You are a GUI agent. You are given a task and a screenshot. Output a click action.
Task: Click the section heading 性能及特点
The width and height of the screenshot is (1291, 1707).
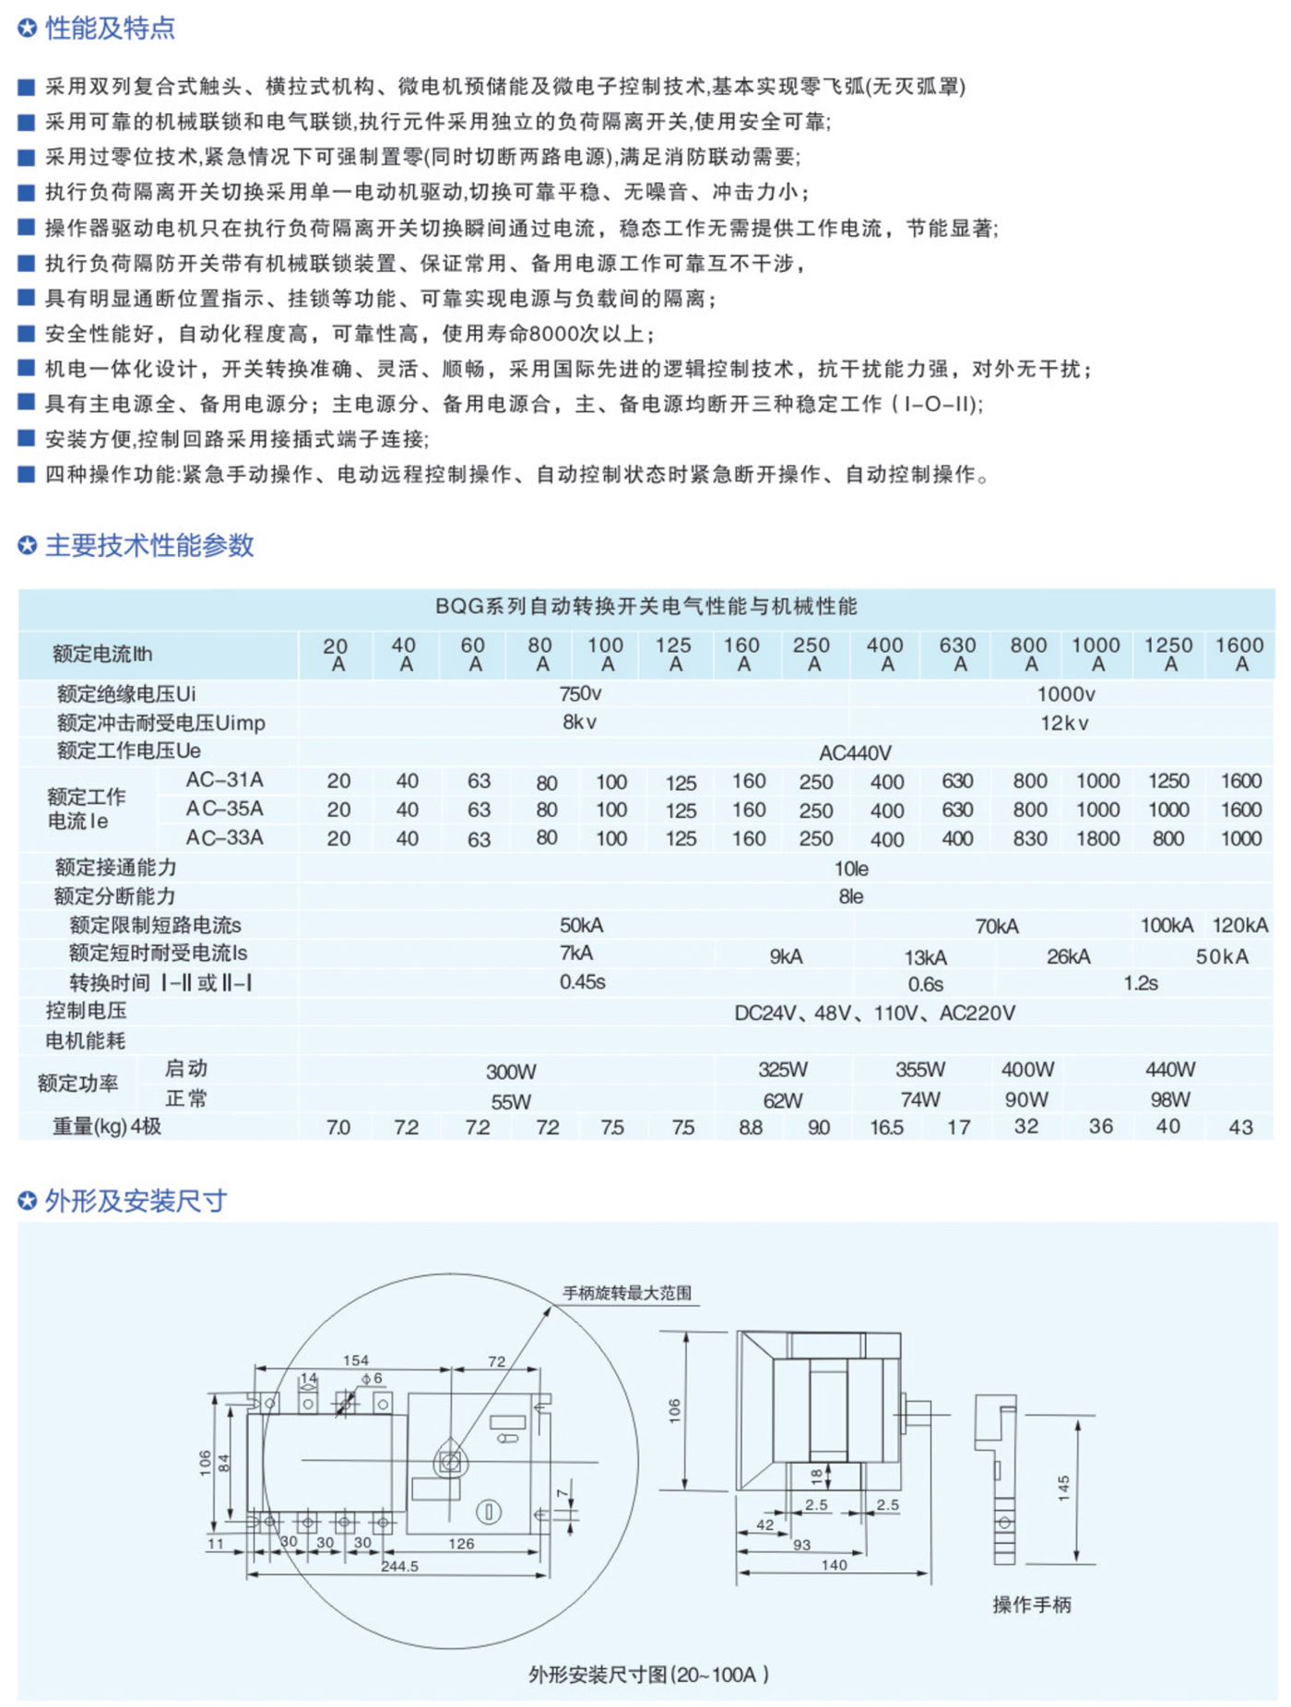click(109, 29)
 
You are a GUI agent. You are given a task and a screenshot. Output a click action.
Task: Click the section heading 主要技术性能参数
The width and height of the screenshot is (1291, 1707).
click(148, 545)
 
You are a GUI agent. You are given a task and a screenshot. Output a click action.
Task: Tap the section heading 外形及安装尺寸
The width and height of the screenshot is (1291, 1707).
click(135, 1201)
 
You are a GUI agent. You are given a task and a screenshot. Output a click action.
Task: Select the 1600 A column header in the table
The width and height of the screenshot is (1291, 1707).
click(1239, 654)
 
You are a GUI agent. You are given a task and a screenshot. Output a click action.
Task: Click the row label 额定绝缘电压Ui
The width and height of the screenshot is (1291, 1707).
click(126, 693)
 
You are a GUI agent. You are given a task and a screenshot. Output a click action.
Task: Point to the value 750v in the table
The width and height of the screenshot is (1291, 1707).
click(580, 693)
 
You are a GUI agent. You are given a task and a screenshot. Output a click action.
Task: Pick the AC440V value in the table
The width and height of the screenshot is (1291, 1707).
click(855, 753)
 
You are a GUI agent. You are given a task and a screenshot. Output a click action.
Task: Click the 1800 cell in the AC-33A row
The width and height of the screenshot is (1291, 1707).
click(1097, 838)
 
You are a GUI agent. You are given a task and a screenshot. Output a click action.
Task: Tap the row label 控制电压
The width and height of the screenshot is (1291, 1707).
click(86, 1011)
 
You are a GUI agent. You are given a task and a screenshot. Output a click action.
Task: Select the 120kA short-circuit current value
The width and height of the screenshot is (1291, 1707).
click(1239, 925)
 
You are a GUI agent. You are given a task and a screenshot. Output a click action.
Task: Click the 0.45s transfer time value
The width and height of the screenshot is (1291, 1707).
click(582, 982)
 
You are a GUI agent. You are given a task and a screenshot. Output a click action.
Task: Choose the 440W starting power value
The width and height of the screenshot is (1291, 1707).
click(1169, 1070)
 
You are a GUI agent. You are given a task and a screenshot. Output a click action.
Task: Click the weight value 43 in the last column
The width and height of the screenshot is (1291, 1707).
click(1240, 1127)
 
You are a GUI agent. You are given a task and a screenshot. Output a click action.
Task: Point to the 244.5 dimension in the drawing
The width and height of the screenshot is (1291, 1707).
click(399, 1566)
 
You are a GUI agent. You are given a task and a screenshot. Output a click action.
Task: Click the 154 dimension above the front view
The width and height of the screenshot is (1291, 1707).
click(355, 1360)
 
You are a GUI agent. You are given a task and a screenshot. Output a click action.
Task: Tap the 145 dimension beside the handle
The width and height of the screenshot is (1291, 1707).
click(1063, 1488)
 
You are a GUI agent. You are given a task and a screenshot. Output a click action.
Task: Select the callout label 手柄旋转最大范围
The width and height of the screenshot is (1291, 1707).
click(627, 1293)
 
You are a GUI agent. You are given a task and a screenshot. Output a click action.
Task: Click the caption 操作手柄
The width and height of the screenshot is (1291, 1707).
click(1031, 1605)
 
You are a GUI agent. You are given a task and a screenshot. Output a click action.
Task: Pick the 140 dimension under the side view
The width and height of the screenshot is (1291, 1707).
click(834, 1565)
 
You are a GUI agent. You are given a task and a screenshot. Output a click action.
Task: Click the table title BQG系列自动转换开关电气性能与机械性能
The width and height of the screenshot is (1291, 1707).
click(645, 606)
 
